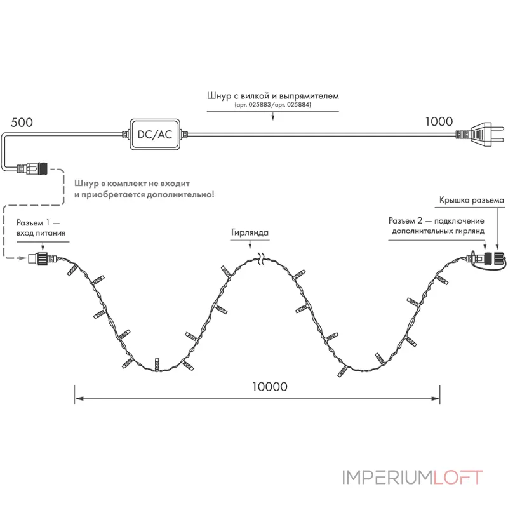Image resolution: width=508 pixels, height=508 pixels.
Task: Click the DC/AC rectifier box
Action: (155, 134)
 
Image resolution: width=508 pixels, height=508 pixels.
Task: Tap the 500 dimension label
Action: (22, 123)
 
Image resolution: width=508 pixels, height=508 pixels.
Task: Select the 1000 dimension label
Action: (439, 121)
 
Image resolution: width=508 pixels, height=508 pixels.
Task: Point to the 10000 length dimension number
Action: (270, 387)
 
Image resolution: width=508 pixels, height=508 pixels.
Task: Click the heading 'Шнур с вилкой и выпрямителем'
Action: (273, 96)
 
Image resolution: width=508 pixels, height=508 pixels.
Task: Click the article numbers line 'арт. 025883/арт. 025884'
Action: (273, 105)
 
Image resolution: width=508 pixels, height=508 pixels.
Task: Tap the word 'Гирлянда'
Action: (250, 232)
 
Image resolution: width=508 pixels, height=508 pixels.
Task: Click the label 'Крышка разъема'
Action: (471, 200)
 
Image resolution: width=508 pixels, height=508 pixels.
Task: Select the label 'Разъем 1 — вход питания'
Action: (41, 228)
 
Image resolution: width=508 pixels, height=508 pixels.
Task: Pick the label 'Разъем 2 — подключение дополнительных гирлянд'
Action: (436, 226)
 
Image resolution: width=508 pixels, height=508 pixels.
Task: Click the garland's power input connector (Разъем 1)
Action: (42, 258)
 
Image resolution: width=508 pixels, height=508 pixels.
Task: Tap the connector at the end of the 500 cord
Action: (32, 168)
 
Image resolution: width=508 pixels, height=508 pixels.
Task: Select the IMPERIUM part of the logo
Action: (387, 478)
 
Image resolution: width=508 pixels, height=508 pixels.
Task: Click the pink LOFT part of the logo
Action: (458, 478)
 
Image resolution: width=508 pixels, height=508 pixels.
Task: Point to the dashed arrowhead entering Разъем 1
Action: (23, 258)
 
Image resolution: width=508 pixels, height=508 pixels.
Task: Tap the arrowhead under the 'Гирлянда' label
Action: (250, 246)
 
